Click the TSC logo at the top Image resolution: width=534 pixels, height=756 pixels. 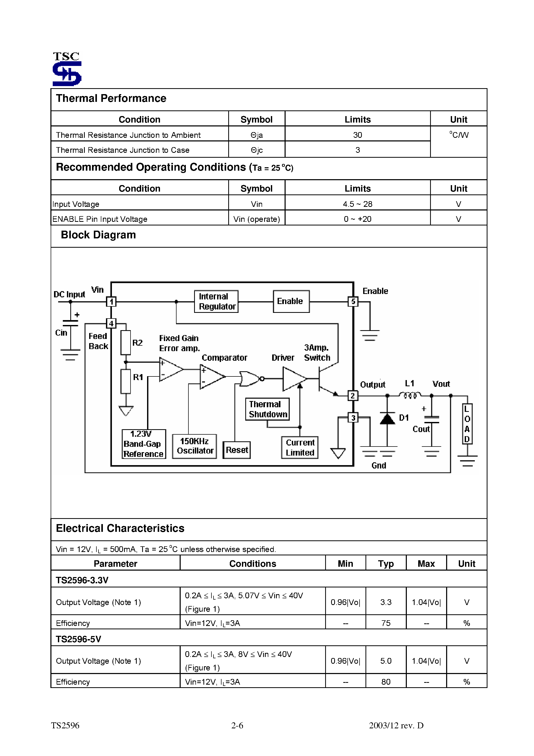click(x=67, y=69)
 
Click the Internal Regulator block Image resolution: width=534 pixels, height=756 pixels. click(x=216, y=301)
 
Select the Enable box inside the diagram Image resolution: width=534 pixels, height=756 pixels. click(x=291, y=301)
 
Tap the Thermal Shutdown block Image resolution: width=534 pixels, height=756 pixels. click(x=267, y=409)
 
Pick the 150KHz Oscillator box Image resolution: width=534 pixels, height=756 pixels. click(x=195, y=446)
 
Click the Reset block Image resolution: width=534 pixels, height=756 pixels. click(x=237, y=450)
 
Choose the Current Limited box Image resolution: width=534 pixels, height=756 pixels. click(x=300, y=448)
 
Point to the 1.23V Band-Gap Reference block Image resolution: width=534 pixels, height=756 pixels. click(x=143, y=444)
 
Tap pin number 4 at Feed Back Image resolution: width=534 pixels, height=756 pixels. click(x=111, y=324)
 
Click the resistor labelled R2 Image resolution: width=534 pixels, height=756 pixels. click(x=125, y=342)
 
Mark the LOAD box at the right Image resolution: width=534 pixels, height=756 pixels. click(x=467, y=424)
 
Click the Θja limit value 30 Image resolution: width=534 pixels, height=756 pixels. click(x=357, y=135)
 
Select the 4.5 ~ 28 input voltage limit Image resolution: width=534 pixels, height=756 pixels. click(x=357, y=204)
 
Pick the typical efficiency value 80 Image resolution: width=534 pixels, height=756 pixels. click(x=386, y=682)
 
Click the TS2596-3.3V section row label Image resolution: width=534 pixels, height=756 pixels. click(x=82, y=580)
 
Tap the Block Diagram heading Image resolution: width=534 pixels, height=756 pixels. click(x=98, y=235)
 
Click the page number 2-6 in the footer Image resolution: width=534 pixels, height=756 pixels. click(x=237, y=725)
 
